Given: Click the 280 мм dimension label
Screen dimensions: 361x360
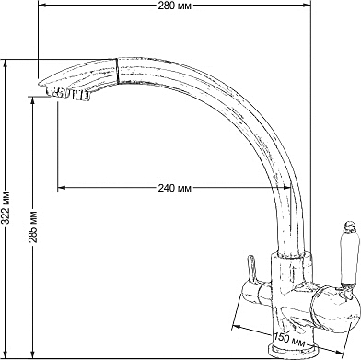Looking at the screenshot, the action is (x=174, y=6).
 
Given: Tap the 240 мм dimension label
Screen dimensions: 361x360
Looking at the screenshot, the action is (x=174, y=188).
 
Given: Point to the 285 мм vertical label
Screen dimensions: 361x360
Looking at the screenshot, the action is (x=34, y=226).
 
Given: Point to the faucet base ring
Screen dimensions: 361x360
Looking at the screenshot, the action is (x=291, y=352).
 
